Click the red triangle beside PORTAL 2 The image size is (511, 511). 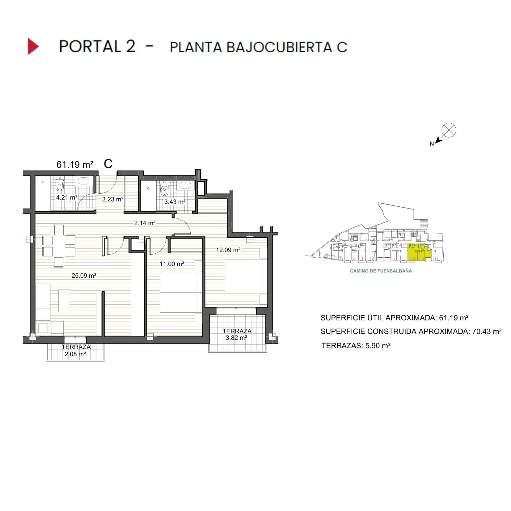pos(33,46)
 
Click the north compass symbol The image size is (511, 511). pos(448,130)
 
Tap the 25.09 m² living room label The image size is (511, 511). pos(84,276)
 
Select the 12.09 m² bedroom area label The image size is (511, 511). pos(228,250)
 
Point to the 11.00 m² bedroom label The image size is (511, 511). pos(172,264)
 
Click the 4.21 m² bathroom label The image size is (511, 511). pos(66,197)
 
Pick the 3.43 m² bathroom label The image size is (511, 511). pos(175,202)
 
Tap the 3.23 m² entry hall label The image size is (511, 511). pos(113,199)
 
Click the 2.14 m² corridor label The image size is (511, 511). pos(145,223)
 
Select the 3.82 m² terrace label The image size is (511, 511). pos(236,338)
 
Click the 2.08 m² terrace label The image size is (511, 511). pos(75,354)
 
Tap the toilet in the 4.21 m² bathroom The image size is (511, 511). pos(60,185)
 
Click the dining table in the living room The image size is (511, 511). pos(59,246)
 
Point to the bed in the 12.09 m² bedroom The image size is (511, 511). pos(243,276)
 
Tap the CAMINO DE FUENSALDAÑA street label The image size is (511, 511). pos(381,271)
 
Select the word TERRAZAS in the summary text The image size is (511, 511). pos(342,345)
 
